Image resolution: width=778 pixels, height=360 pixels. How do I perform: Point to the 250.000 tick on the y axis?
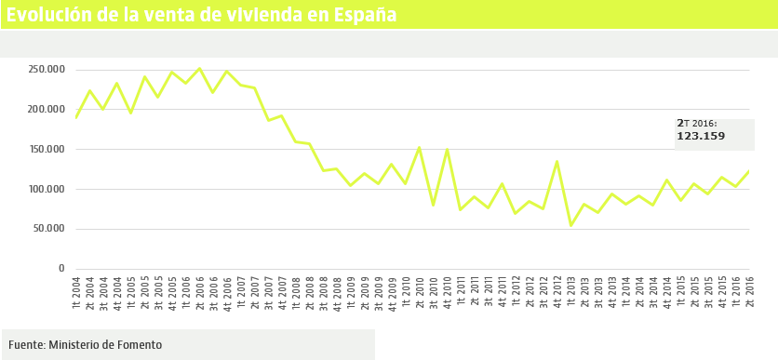tap(46, 70)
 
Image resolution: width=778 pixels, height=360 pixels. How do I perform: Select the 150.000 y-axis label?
tap(46, 149)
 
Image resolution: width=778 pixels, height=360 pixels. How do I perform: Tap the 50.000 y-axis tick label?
tap(48, 229)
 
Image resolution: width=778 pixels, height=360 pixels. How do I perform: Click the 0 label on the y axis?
tap(61, 268)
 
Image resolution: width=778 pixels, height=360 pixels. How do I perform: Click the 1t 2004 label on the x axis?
tap(76, 291)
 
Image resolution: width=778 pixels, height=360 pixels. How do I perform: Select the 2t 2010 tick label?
tap(419, 291)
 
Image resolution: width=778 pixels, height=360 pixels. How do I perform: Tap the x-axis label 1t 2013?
tap(570, 291)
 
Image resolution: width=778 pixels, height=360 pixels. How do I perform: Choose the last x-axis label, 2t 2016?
tap(749, 291)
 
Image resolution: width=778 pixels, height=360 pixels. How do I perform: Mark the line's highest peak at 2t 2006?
tap(199, 68)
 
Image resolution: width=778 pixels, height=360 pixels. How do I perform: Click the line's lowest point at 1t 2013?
tap(570, 225)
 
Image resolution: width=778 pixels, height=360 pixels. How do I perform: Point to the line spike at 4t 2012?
tap(557, 161)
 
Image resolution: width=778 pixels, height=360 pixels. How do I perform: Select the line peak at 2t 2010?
tap(419, 147)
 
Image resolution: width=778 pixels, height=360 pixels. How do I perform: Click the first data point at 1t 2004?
tap(76, 117)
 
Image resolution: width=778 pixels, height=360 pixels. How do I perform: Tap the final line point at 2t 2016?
tap(749, 170)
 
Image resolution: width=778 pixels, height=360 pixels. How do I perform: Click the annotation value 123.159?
tap(700, 137)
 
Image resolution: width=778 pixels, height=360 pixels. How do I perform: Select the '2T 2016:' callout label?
tap(696, 123)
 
